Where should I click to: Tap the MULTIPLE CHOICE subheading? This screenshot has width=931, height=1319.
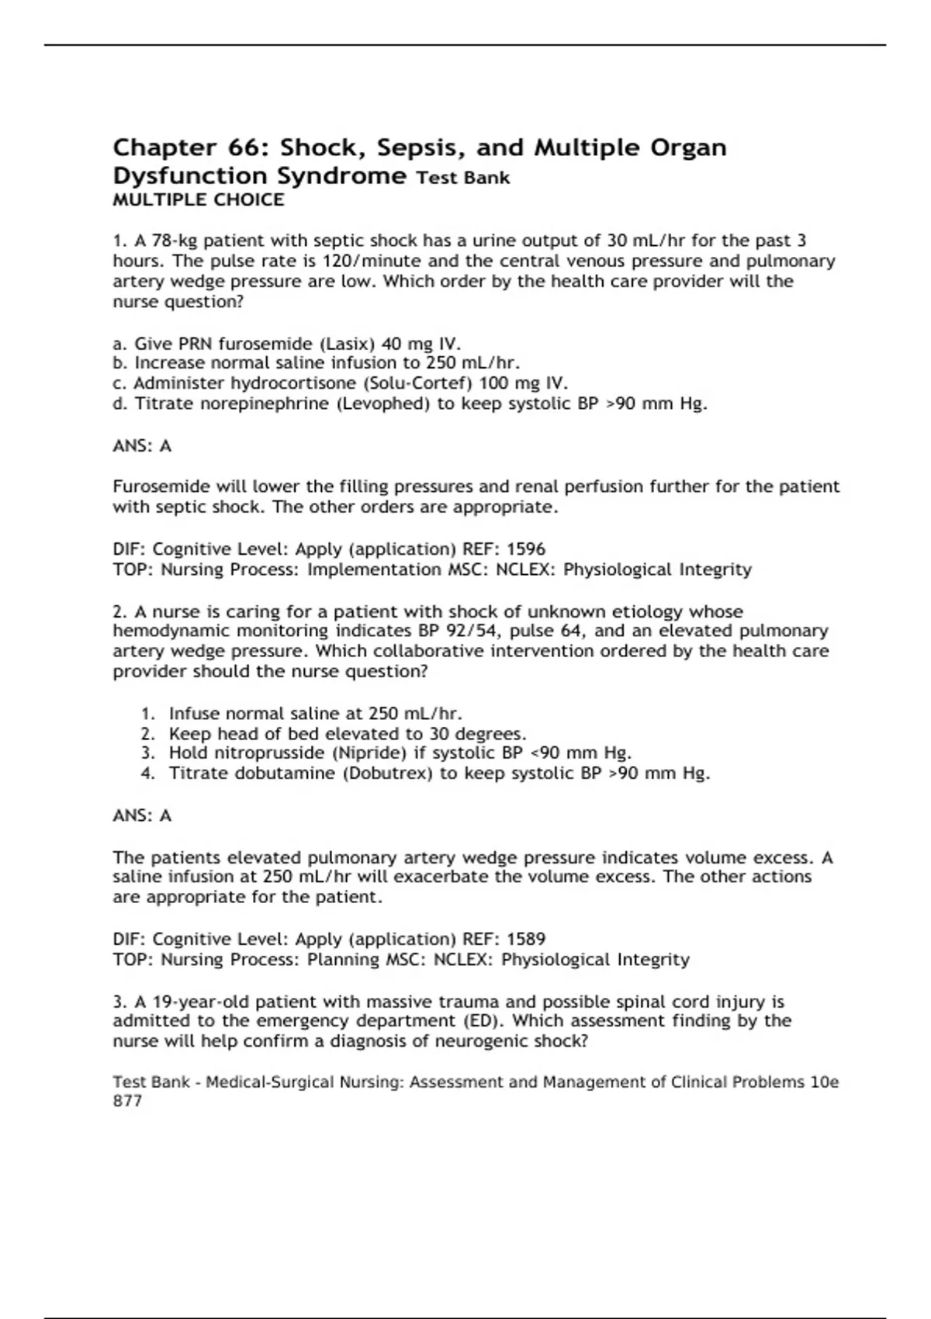pos(199,200)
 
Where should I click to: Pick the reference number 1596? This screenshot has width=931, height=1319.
pos(526,549)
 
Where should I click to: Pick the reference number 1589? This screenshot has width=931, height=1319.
pos(526,940)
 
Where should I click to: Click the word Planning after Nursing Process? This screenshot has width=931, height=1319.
pos(343,960)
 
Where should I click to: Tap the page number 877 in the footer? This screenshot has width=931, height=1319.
pos(127,1101)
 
